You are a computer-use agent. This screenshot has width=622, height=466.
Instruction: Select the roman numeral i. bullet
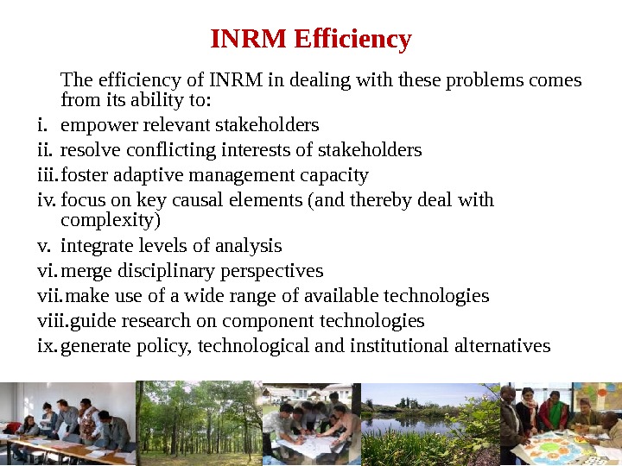42,125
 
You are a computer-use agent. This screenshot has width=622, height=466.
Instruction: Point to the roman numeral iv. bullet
47,200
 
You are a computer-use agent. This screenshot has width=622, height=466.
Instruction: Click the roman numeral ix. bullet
48,346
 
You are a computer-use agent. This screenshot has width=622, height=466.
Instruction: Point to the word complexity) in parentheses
111,220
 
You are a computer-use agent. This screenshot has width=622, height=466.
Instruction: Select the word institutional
400,346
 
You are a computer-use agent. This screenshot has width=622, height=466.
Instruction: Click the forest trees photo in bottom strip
199,424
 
